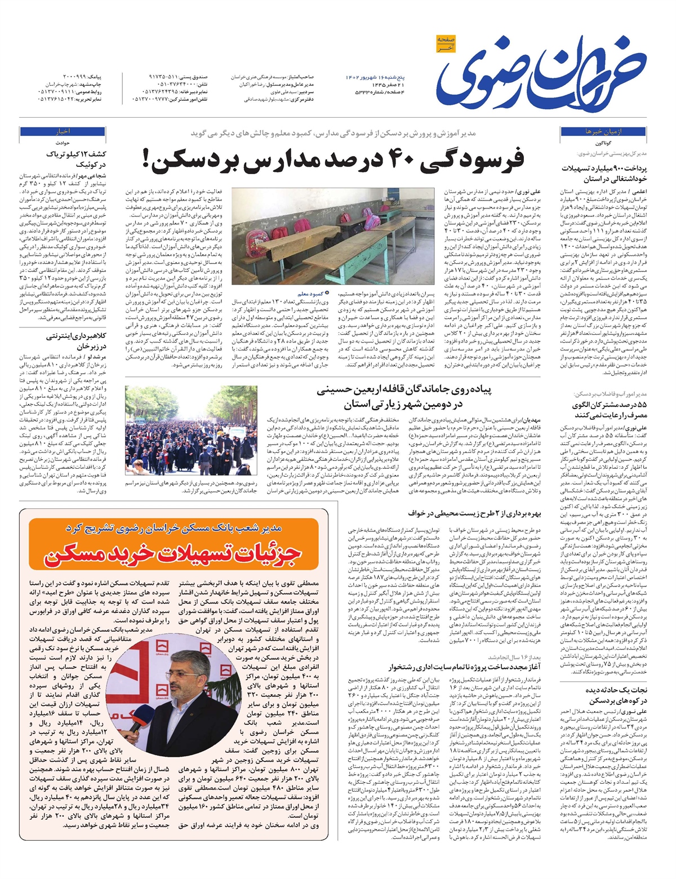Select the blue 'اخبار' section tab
coord(61,131)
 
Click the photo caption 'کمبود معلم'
coord(309,293)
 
